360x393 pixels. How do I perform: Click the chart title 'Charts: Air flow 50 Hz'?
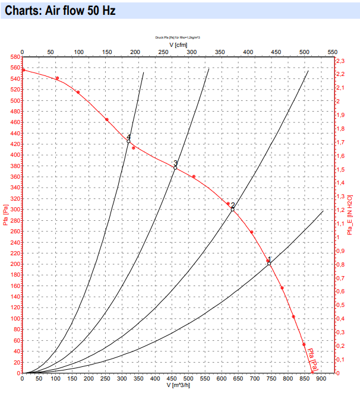point(60,11)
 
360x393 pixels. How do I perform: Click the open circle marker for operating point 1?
point(269,264)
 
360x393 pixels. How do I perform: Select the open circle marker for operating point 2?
point(233,210)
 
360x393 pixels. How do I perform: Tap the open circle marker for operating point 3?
point(175,168)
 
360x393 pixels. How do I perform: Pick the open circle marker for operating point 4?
point(128,141)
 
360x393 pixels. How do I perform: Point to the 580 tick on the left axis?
point(14,57)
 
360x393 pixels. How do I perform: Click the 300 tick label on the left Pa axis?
point(14,210)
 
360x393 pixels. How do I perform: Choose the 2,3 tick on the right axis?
point(340,61)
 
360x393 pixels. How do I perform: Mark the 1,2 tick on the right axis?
point(340,210)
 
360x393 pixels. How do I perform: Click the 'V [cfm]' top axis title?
point(178,44)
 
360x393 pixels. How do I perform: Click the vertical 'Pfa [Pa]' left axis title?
point(5,215)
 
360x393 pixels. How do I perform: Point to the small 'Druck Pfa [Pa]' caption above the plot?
point(178,37)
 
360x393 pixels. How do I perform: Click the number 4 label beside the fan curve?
point(128,136)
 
